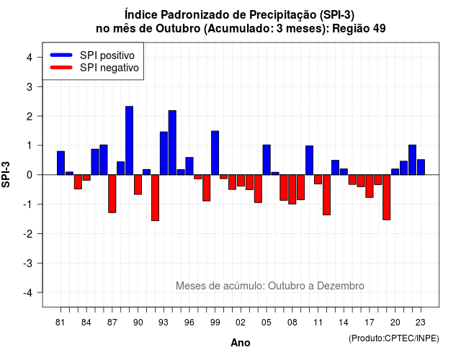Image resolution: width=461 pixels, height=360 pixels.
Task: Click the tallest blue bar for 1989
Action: point(129,140)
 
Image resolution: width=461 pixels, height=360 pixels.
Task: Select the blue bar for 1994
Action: point(172,143)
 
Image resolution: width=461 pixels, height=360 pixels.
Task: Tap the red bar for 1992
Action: point(155,198)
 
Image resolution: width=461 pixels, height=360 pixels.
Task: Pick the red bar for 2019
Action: point(387,197)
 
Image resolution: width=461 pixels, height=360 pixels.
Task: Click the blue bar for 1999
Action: point(215,153)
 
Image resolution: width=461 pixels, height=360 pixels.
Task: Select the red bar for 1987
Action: point(112,194)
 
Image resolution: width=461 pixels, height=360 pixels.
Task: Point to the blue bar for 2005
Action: point(267,160)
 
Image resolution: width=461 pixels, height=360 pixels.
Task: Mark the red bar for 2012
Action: point(326,195)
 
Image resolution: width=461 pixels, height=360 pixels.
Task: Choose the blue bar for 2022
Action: point(412,160)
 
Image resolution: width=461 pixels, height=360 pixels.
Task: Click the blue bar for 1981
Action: point(61,163)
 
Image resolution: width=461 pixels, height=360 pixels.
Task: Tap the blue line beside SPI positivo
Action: point(61,55)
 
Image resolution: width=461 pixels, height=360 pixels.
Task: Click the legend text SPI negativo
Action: point(109,68)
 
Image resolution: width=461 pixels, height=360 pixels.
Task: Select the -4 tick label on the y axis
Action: point(29,293)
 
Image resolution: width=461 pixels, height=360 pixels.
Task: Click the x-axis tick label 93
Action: point(164,323)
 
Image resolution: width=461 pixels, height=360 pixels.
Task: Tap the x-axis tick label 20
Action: point(395,323)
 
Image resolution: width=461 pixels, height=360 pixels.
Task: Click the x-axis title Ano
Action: point(241,343)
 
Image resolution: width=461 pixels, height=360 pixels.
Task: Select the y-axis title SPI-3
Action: point(6,174)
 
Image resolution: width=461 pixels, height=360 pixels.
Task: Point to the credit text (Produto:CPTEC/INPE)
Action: point(394,338)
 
